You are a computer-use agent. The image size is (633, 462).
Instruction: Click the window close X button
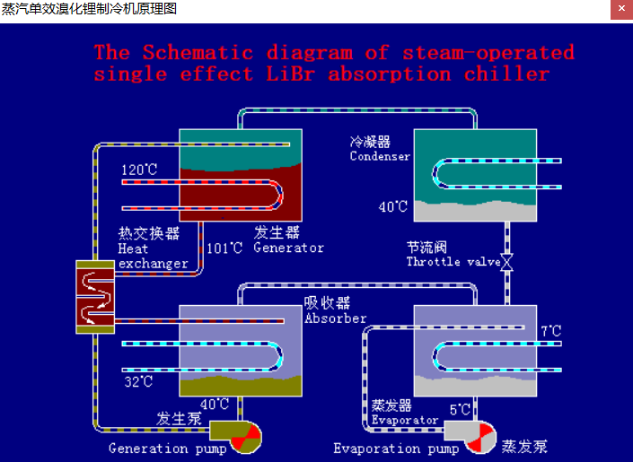[x=620, y=9]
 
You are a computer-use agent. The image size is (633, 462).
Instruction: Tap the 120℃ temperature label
[x=139, y=170]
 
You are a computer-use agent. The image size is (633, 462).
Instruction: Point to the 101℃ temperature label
[x=224, y=248]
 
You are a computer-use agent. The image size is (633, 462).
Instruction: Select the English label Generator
[x=288, y=248]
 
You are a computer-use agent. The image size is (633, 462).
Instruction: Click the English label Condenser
[x=380, y=156]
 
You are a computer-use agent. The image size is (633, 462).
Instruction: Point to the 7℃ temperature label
[x=550, y=332]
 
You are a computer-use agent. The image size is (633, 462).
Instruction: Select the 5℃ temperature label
[x=460, y=409]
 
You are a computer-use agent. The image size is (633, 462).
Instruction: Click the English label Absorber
[x=335, y=318]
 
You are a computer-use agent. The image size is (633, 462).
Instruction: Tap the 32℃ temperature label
[x=139, y=382]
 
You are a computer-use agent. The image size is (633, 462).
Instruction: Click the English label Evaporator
[x=404, y=420]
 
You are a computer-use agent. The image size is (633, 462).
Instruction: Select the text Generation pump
[x=161, y=448]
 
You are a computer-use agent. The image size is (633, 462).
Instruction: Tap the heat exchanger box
[x=94, y=296]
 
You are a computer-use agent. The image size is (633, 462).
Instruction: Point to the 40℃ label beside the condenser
[x=392, y=207]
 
